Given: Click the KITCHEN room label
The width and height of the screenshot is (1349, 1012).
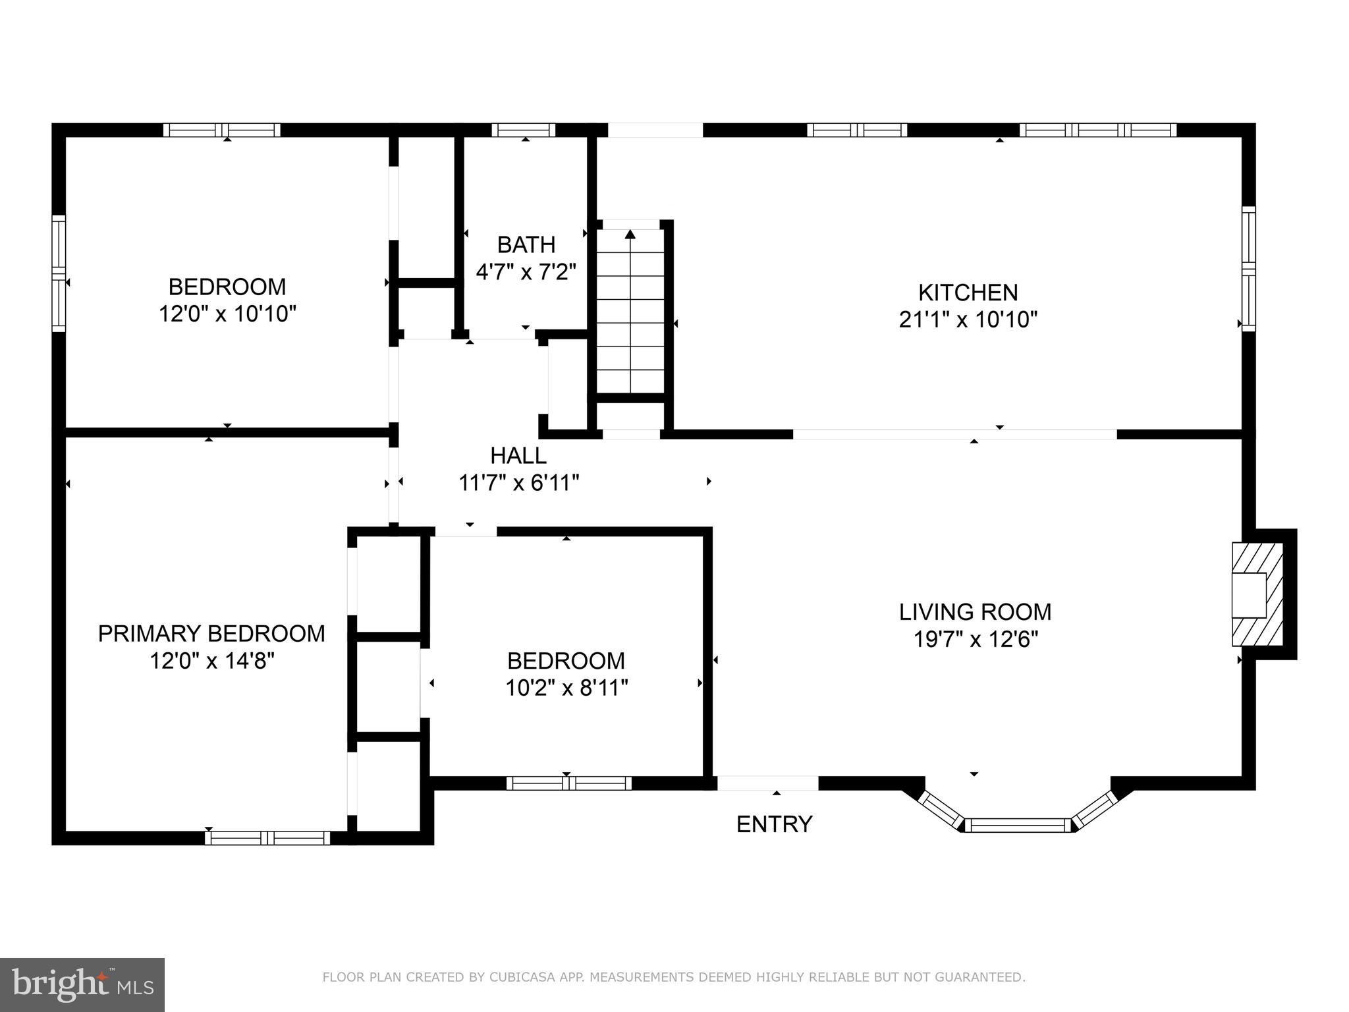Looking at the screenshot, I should click(x=968, y=292).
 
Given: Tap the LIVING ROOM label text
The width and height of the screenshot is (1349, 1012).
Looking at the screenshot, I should click(x=975, y=611).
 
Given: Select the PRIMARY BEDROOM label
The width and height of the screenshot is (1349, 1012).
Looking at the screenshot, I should click(x=211, y=633).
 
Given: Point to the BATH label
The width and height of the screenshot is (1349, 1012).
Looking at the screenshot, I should click(x=526, y=244).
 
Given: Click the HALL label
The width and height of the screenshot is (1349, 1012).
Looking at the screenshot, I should click(x=518, y=455).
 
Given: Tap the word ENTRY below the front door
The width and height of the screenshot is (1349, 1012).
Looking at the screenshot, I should click(x=774, y=824).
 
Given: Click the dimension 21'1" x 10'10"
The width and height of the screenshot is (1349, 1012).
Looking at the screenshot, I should click(x=968, y=320).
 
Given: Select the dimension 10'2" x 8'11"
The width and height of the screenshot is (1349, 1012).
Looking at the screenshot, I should click(x=566, y=688).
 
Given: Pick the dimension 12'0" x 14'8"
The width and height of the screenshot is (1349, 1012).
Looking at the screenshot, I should click(x=211, y=660).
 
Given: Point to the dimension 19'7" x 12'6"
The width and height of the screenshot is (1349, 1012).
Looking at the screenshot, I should click(x=975, y=639).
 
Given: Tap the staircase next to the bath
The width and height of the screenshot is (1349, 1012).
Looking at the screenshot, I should click(x=630, y=316).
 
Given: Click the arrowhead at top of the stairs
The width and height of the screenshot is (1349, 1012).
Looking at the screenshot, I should click(x=630, y=234).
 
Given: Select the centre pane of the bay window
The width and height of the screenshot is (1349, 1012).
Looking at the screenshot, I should click(x=1018, y=825).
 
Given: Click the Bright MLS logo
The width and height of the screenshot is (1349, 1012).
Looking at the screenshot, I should click(x=82, y=984).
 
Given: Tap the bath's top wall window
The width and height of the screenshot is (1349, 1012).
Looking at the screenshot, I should click(x=524, y=130).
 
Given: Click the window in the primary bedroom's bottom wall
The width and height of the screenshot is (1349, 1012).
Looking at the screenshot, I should click(x=267, y=838).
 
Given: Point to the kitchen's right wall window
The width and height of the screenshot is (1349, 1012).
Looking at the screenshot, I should click(x=1248, y=269).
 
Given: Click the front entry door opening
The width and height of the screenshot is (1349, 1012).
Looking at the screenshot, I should click(x=767, y=783).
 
